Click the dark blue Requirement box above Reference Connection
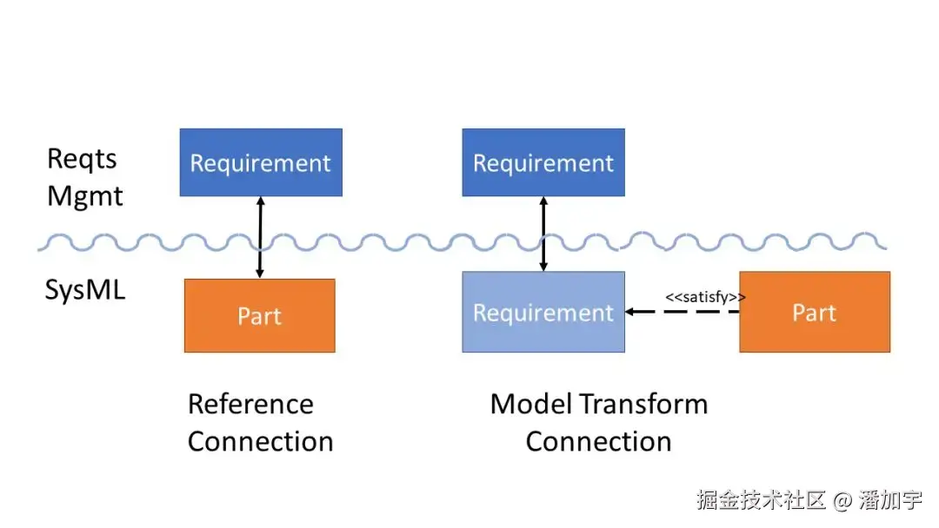pos(261,162)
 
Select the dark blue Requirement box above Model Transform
pos(543,162)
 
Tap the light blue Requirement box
pos(543,312)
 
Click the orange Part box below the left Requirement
pos(259,316)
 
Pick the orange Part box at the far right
pos(815,312)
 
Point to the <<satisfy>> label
pos(705,297)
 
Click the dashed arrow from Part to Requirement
pos(683,312)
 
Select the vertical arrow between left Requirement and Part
pos(260,237)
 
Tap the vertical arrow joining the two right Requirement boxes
pos(543,234)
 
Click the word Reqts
pos(82,159)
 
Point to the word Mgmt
pos(85,196)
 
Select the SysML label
pos(85,290)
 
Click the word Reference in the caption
pos(250,404)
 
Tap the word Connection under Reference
pos(261,442)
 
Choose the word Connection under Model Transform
pos(599,442)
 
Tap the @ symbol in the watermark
pos(842,500)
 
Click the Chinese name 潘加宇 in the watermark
pos(890,500)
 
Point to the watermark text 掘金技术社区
pos(761,500)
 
